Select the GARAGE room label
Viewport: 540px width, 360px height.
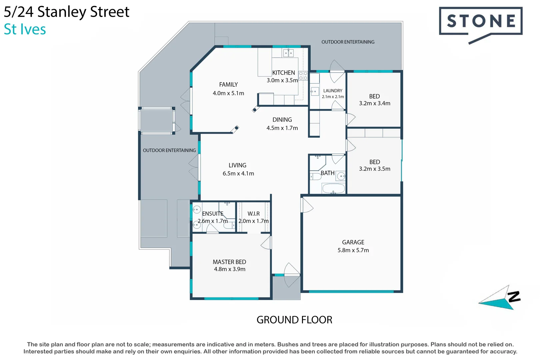[x=353, y=242]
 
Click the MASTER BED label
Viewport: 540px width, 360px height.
[x=229, y=262]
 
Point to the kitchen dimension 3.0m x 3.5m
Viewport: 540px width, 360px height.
[x=282, y=80]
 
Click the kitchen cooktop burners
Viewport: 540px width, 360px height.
[x=303, y=76]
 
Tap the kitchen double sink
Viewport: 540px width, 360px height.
[x=288, y=53]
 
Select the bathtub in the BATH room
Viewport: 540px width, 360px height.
[x=333, y=188]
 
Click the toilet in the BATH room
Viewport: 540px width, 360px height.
[x=315, y=176]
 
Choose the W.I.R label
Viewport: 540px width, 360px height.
[x=253, y=214]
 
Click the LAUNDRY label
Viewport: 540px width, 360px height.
[x=333, y=91]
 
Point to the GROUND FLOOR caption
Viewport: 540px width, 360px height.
[x=294, y=320]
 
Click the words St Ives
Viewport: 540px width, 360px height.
[x=25, y=29]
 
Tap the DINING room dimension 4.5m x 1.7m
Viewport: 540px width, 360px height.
[x=282, y=128]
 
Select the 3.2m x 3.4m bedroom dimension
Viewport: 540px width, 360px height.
[x=374, y=103]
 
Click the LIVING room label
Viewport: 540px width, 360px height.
[x=237, y=165]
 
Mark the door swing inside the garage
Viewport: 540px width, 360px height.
[x=307, y=205]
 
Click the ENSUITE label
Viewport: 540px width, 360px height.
[x=212, y=214]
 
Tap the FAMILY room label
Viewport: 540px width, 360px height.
[x=228, y=85]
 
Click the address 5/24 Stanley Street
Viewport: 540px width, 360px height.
[x=66, y=12]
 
